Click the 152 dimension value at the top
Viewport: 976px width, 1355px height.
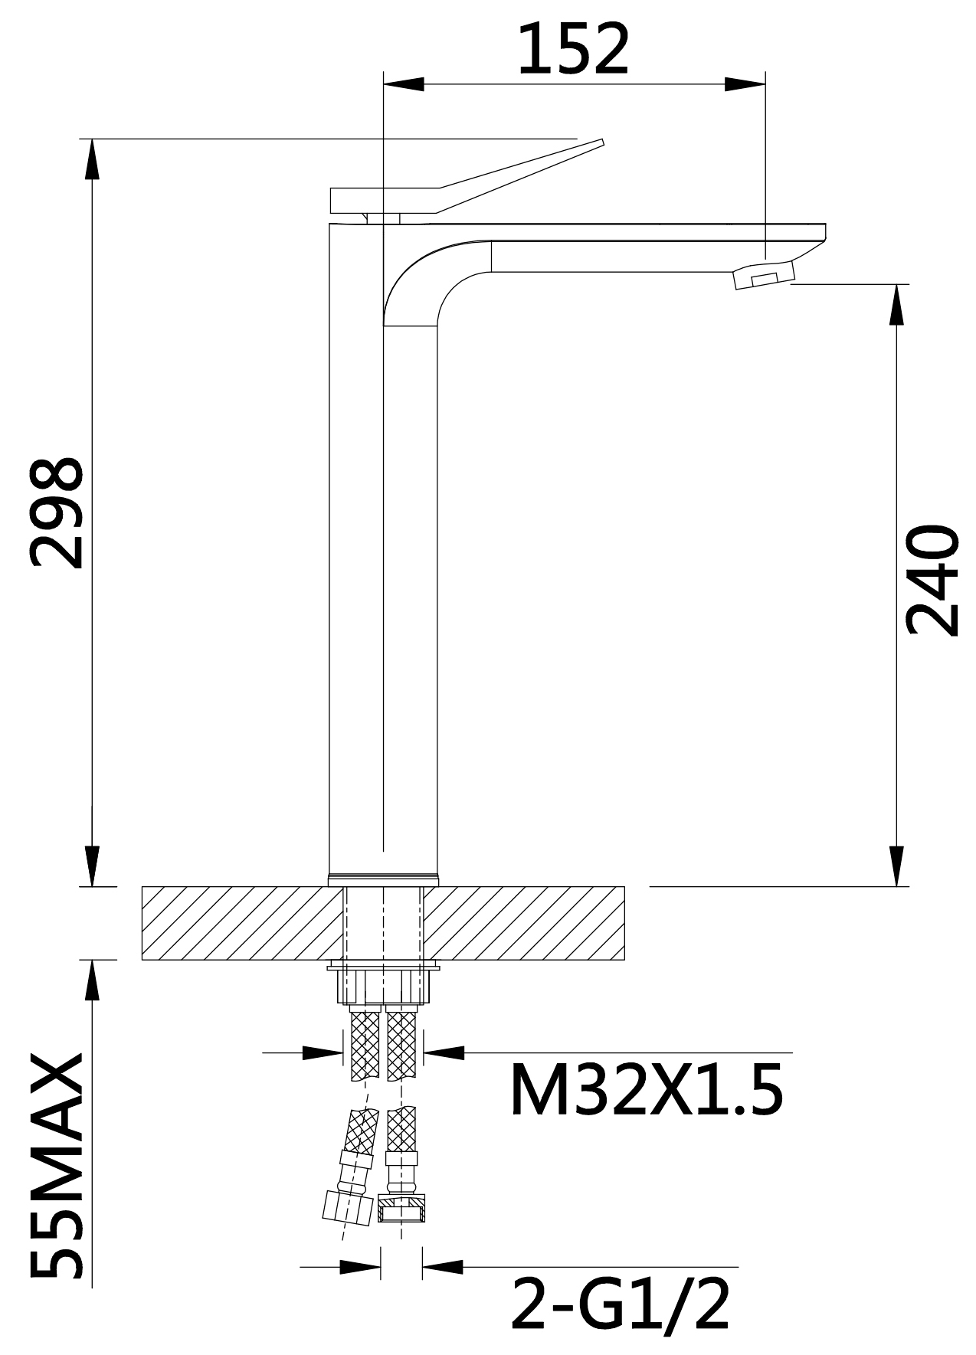[574, 49]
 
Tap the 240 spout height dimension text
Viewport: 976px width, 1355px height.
[932, 580]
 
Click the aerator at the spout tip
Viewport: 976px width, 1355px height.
[764, 274]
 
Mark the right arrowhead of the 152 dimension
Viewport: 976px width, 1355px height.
[745, 83]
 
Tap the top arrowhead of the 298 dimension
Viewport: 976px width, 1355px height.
[92, 159]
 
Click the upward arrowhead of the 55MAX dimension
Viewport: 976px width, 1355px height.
[92, 980]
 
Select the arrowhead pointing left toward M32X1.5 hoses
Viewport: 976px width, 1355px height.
[444, 1052]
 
